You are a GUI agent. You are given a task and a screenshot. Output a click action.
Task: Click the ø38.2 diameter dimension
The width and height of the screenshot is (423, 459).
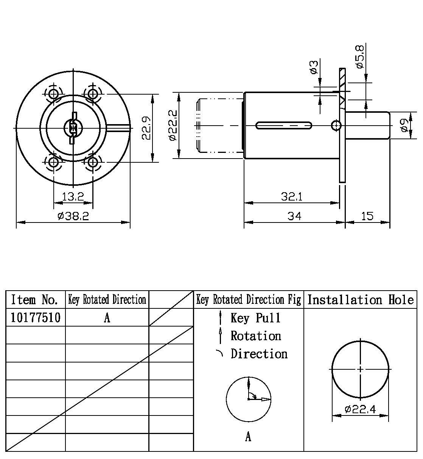[73, 216]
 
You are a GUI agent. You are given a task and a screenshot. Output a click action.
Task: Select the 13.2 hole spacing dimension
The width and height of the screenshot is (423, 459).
[73, 196]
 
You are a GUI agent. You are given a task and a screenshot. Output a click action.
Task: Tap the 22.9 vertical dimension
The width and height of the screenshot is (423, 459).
[147, 128]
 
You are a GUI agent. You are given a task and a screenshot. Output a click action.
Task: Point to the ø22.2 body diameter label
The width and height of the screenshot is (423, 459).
[173, 125]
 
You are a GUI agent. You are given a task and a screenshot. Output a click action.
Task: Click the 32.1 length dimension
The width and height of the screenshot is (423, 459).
[292, 196]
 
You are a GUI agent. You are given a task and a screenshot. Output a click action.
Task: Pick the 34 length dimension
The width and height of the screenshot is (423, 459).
[294, 216]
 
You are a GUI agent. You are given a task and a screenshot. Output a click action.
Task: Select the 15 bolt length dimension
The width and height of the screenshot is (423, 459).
[367, 216]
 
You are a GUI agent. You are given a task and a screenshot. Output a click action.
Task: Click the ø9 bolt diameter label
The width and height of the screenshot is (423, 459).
[404, 125]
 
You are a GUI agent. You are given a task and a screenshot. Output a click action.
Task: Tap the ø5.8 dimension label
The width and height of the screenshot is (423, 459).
[360, 57]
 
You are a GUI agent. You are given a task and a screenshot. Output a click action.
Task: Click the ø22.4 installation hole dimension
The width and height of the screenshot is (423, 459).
[360, 409]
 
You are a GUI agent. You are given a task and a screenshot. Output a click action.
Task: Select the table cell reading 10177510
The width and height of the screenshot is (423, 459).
[36, 317]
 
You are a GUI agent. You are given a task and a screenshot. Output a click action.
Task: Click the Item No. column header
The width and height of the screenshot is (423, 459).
[35, 300]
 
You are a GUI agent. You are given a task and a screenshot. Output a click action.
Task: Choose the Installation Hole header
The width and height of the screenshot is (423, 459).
[360, 300]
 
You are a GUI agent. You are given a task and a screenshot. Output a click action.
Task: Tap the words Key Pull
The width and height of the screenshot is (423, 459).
[256, 318]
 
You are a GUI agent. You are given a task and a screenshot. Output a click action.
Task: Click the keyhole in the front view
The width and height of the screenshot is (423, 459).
[73, 128]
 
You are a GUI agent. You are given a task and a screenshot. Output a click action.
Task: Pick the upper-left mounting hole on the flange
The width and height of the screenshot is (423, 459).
[54, 93]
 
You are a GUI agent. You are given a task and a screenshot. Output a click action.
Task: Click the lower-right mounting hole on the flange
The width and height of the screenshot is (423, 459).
[92, 163]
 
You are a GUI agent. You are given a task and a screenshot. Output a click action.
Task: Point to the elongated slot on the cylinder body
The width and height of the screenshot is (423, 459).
[284, 125]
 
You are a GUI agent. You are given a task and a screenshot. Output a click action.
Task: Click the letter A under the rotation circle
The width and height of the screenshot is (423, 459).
[248, 437]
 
